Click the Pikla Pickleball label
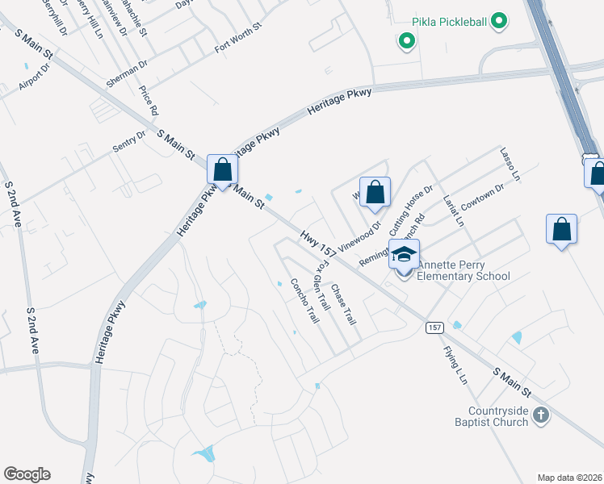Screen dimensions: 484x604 tap(449, 21)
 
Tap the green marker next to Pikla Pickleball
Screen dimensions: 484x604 tap(499, 21)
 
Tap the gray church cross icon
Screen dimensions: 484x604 tap(541, 415)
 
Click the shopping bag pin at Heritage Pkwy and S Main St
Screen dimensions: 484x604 tap(222, 169)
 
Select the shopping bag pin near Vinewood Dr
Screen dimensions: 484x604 tap(375, 193)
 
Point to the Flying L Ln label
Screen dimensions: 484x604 tap(456, 365)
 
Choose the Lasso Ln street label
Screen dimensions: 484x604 tap(510, 164)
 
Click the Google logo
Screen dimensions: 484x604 tap(27, 474)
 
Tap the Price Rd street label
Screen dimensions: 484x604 tap(149, 101)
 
